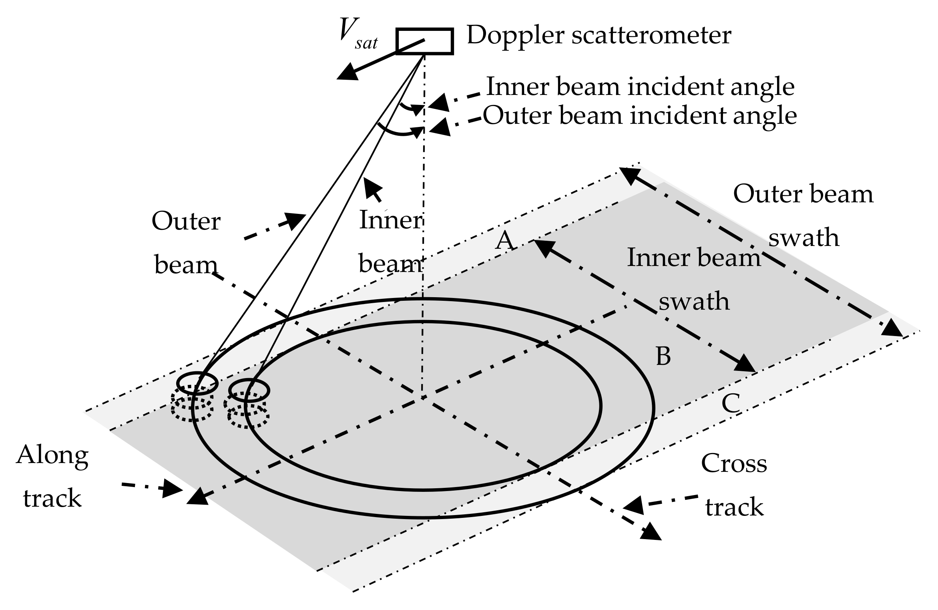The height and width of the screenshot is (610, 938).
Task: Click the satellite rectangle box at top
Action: (x=424, y=41)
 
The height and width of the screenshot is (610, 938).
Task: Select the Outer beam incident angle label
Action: (x=640, y=116)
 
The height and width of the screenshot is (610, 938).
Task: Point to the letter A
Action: (x=504, y=241)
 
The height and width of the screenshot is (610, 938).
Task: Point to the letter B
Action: (x=663, y=356)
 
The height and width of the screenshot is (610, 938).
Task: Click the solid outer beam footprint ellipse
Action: (x=197, y=383)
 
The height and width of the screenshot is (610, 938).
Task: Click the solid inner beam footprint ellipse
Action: (x=249, y=390)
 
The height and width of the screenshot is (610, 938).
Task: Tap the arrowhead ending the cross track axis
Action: (x=651, y=533)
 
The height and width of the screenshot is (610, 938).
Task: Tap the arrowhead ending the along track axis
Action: (x=194, y=497)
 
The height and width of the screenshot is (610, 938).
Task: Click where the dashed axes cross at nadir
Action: (x=423, y=397)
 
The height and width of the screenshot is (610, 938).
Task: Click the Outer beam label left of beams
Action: (x=186, y=243)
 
